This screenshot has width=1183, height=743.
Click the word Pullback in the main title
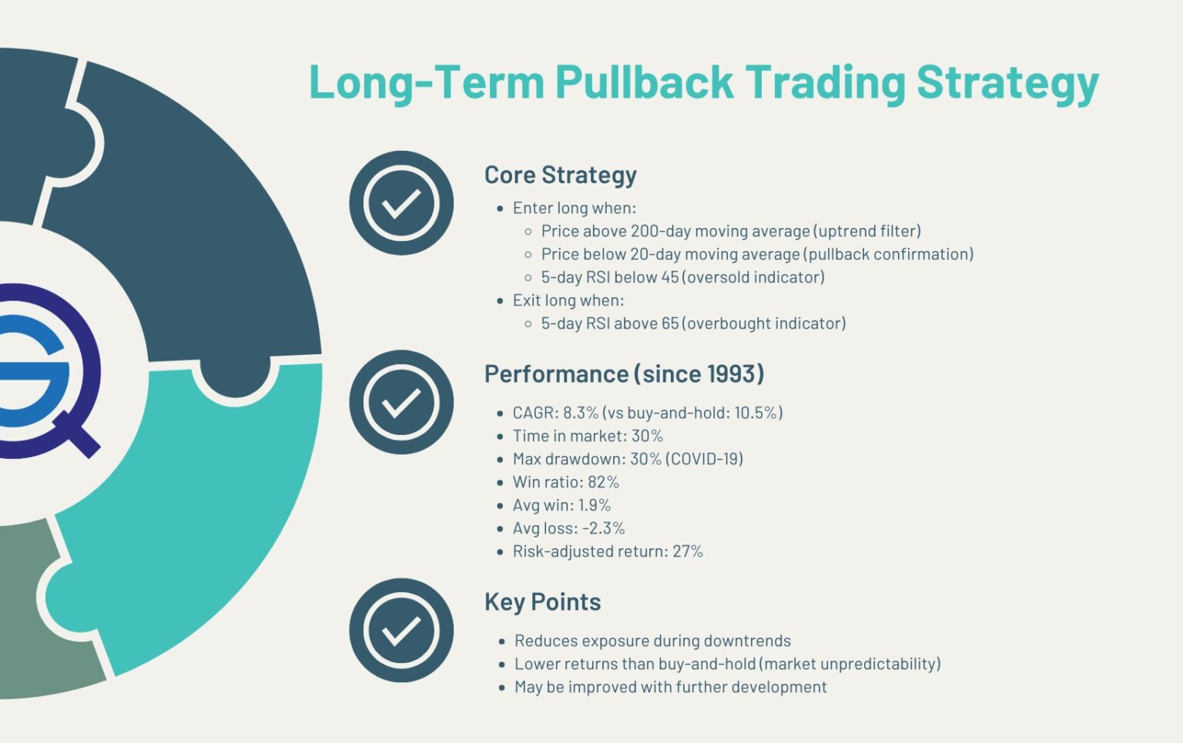pyautogui.click(x=644, y=82)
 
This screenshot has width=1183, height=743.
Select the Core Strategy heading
pyautogui.click(x=560, y=175)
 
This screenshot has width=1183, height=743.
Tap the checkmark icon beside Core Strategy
pyautogui.click(x=400, y=203)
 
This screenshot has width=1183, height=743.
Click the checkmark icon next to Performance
pyautogui.click(x=400, y=402)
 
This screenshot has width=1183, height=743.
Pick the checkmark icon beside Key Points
pyautogui.click(x=400, y=630)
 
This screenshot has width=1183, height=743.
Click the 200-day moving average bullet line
pyautogui.click(x=730, y=231)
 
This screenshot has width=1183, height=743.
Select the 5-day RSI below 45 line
pyautogui.click(x=682, y=277)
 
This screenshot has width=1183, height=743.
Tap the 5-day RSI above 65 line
pyautogui.click(x=693, y=323)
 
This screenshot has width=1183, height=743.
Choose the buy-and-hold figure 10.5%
pyautogui.click(x=756, y=413)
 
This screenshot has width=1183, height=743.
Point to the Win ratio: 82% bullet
pyautogui.click(x=565, y=482)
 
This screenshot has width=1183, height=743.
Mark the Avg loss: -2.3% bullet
pyautogui.click(x=568, y=528)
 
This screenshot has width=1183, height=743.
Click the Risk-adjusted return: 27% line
pyautogui.click(x=608, y=551)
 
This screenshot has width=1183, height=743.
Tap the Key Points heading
pyautogui.click(x=542, y=602)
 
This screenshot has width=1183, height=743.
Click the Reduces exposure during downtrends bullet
pyautogui.click(x=652, y=641)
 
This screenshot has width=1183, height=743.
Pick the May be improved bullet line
pyautogui.click(x=670, y=687)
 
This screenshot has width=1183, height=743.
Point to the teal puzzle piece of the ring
pyautogui.click(x=200, y=524)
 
